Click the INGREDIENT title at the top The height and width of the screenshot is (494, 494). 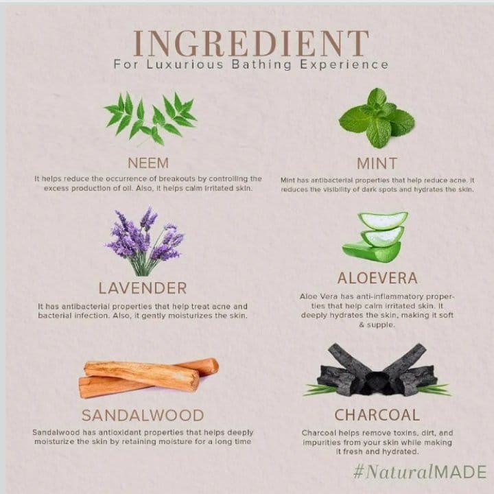pos(251,43)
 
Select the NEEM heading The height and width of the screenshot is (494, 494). pos(148,163)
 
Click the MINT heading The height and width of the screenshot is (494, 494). pos(377,163)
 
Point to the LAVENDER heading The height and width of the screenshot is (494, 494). pos(143,288)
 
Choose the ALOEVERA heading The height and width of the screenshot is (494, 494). pos(377,278)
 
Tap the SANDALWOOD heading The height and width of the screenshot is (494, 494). pos(143,415)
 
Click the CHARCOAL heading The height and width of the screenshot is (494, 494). pos(377,414)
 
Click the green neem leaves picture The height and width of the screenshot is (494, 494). pos(150,118)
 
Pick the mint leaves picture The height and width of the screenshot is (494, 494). pos(377,118)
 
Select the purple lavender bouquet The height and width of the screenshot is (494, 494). pos(145,242)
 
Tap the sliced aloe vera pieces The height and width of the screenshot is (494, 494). pos(375,236)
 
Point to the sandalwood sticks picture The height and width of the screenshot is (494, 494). pos(148,378)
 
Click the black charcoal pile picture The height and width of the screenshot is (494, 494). pos(377,370)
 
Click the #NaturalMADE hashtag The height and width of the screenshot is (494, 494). pos(420,471)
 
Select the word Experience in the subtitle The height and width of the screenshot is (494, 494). pos(344,64)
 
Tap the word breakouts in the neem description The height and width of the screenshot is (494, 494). pos(176,178)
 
